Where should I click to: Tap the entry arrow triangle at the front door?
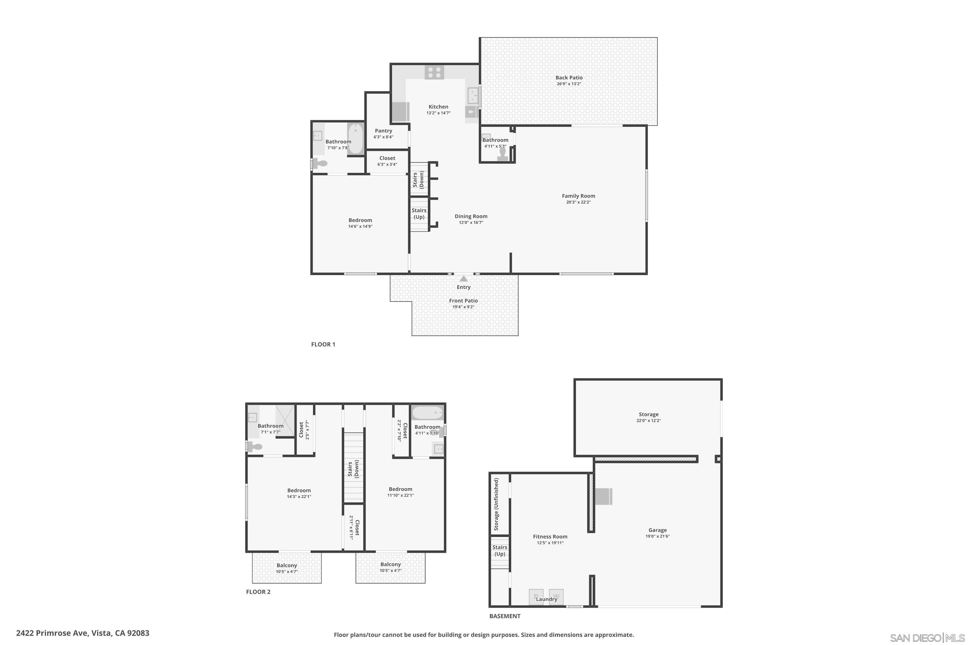click(x=463, y=279)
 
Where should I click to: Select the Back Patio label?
click(x=569, y=78)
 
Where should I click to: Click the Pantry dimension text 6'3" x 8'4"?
click(x=383, y=137)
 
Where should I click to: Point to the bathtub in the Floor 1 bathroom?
click(x=356, y=139)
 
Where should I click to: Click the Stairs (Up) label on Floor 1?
click(x=419, y=213)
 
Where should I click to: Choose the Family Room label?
click(x=578, y=196)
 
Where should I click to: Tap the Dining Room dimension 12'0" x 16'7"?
click(x=471, y=223)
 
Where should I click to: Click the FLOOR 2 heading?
click(x=258, y=592)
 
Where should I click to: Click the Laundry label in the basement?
click(x=546, y=599)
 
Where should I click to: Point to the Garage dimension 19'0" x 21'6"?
click(x=657, y=536)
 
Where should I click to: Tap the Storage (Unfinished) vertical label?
click(x=496, y=504)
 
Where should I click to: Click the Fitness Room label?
click(x=550, y=536)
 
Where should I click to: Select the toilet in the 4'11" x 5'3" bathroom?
click(x=502, y=154)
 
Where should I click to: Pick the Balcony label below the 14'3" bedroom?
click(x=287, y=566)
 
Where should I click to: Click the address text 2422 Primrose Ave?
click(x=82, y=633)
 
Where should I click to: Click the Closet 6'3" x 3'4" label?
click(x=387, y=158)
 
